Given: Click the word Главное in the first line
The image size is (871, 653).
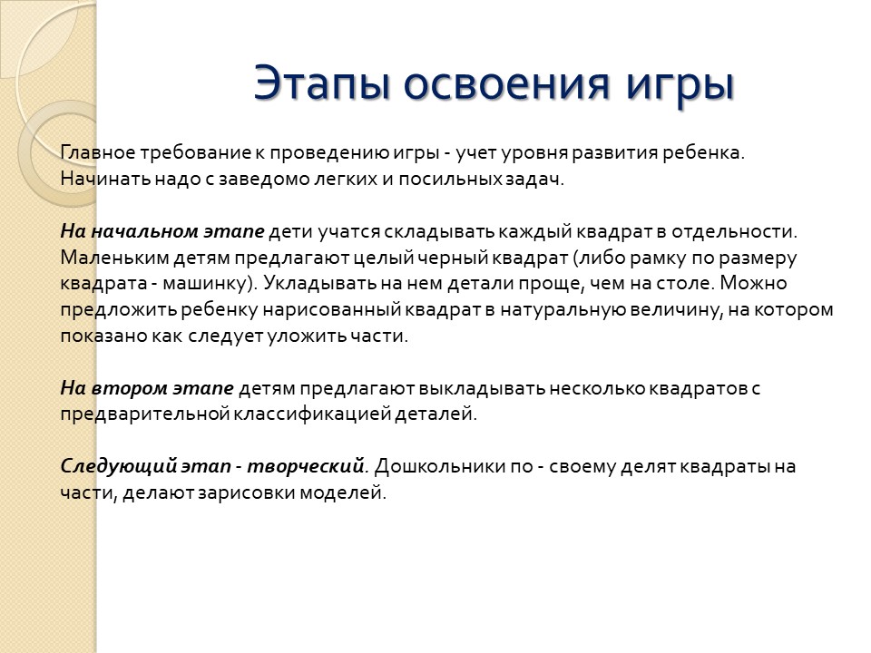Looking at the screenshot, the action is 98,152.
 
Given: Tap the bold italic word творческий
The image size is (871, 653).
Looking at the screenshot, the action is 305,466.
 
